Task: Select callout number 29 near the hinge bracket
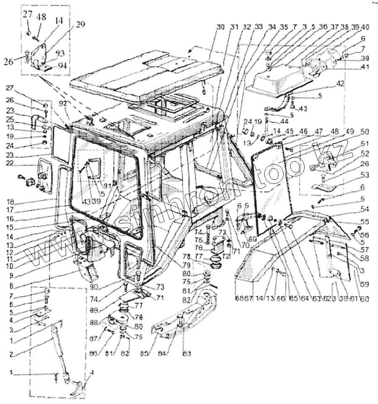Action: pyautogui.click(x=80, y=24)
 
